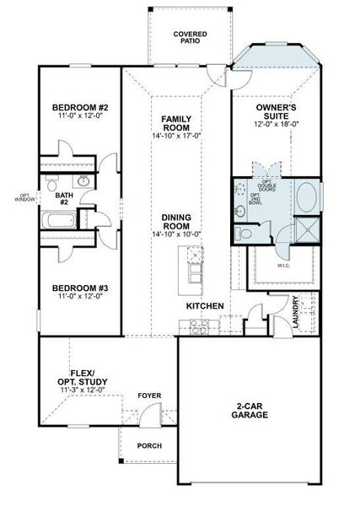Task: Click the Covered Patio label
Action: (191, 36)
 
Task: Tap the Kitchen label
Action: (205, 305)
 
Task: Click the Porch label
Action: (149, 445)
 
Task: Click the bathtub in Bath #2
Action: (60, 223)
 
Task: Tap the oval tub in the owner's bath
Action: (308, 196)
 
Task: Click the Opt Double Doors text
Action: (267, 183)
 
